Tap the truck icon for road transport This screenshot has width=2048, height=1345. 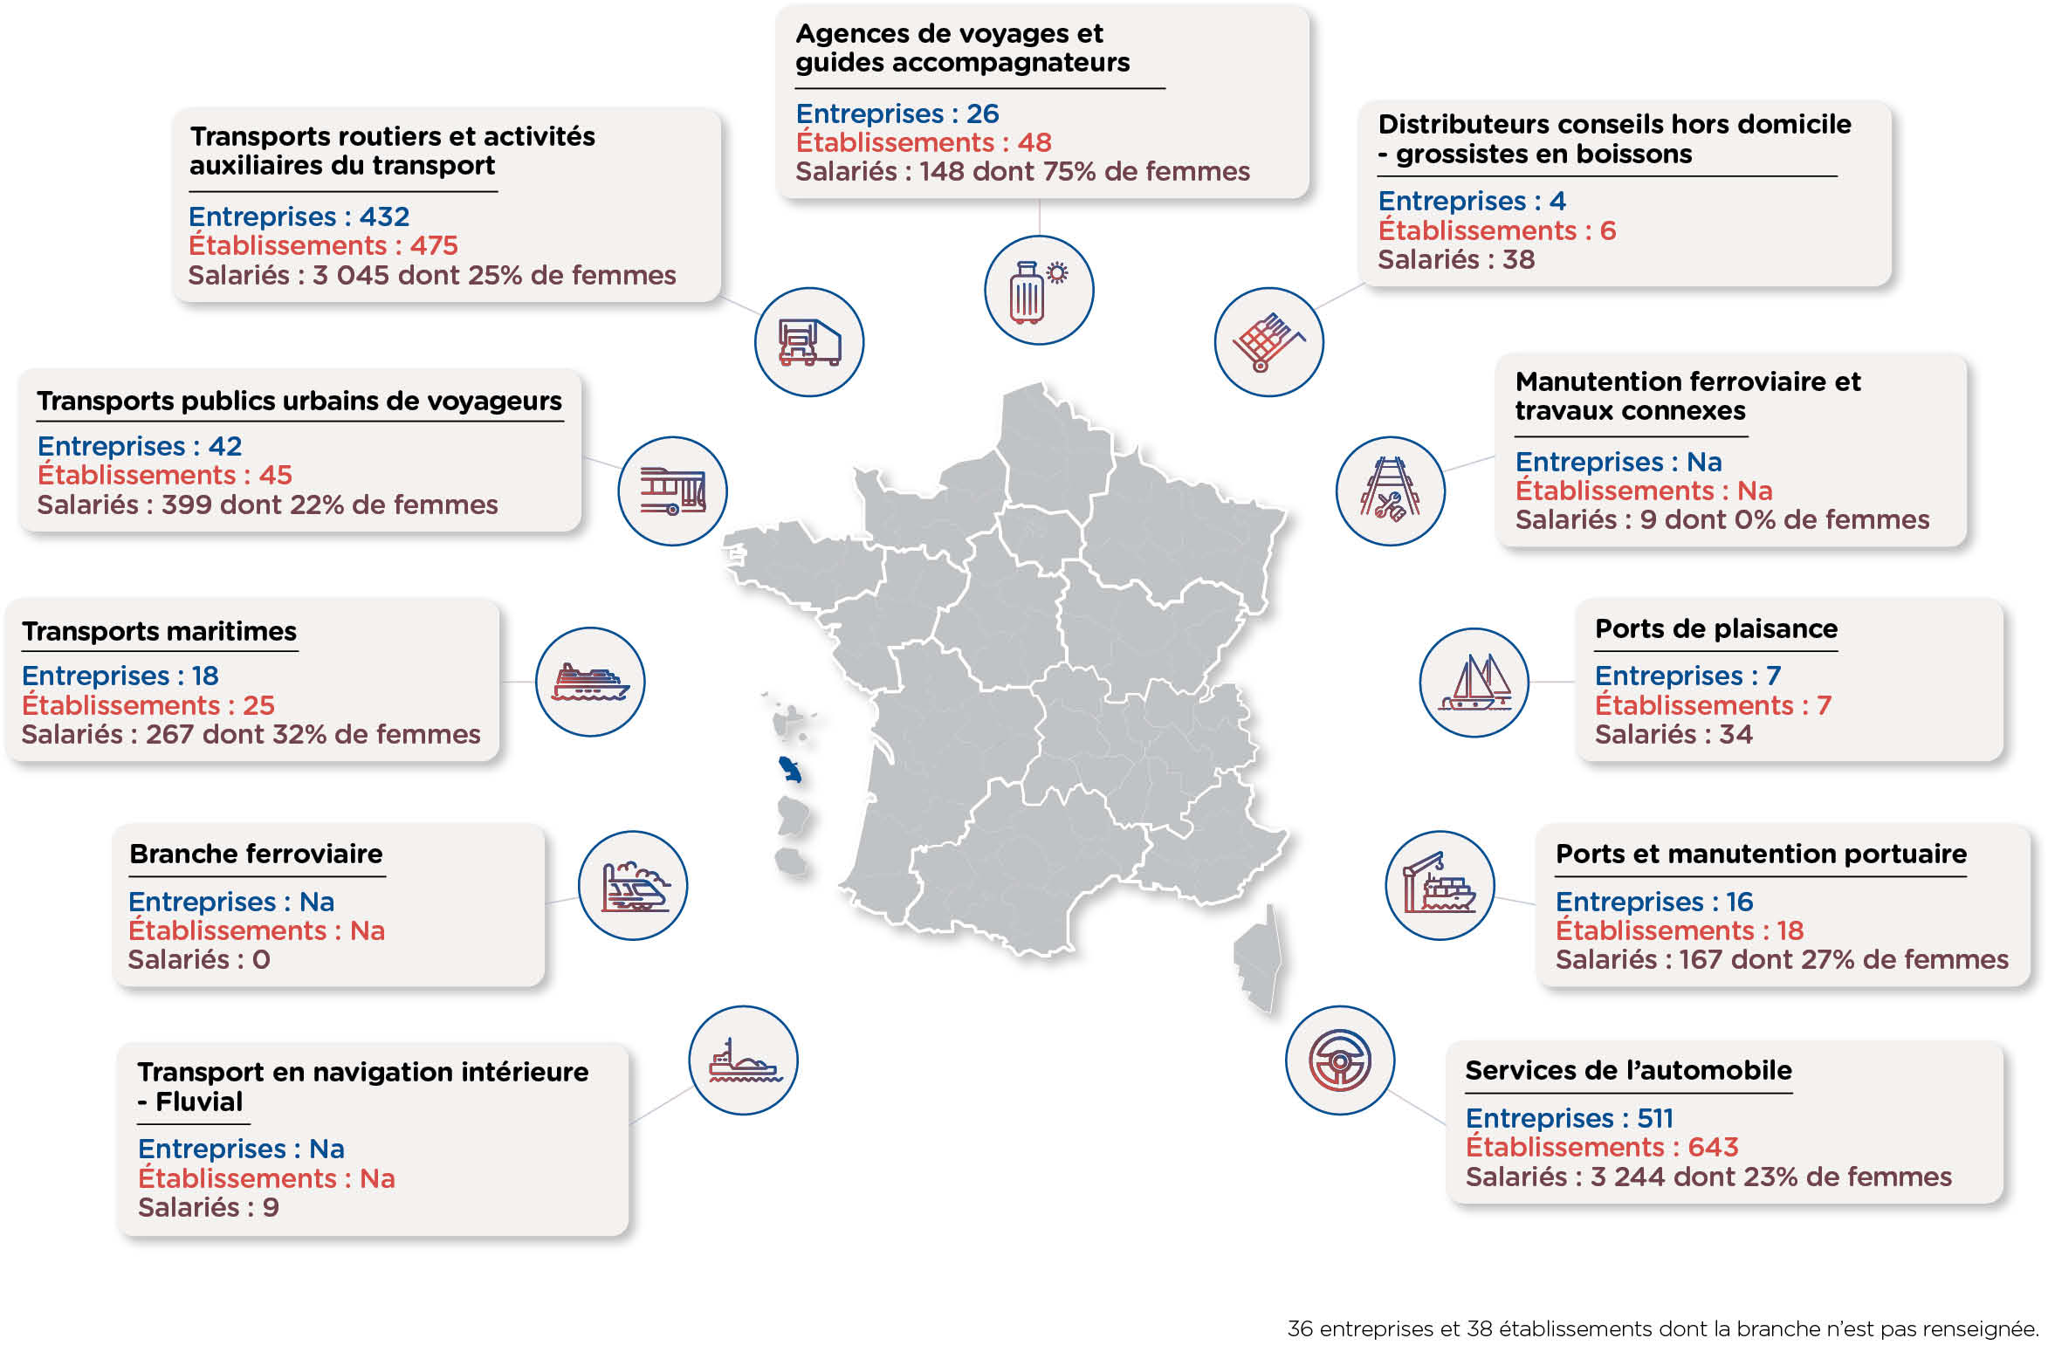[x=809, y=342]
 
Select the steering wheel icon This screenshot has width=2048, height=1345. [x=1340, y=1060]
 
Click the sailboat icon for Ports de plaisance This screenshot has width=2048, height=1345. [x=1474, y=683]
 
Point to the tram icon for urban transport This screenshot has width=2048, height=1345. [x=672, y=491]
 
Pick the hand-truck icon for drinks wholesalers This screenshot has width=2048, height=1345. [x=1268, y=342]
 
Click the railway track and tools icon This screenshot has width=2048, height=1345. [x=1390, y=491]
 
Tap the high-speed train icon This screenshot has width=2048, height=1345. [x=635, y=886]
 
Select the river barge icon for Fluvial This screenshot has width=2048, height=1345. [x=744, y=1060]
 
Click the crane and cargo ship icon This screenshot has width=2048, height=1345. [x=1440, y=883]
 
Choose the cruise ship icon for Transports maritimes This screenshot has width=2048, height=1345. [x=590, y=682]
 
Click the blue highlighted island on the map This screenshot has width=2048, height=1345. [x=791, y=769]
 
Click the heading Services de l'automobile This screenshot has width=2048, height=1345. [x=1628, y=1070]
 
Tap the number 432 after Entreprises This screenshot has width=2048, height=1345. [x=384, y=216]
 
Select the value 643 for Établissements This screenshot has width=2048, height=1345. [x=1713, y=1147]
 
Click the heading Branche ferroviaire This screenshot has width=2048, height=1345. [x=256, y=854]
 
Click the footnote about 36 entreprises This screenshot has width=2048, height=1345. [x=1663, y=1328]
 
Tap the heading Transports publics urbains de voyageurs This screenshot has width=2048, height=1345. [x=299, y=401]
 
